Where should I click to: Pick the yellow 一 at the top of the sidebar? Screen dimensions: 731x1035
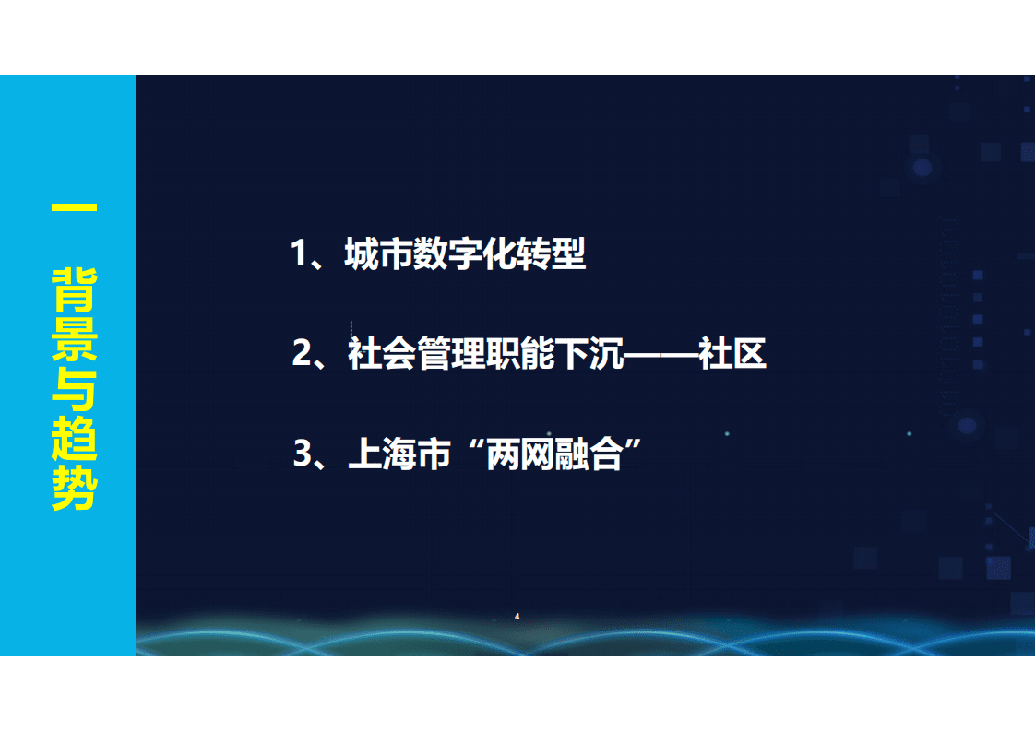click(74, 209)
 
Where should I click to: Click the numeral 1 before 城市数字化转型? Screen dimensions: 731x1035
click(299, 254)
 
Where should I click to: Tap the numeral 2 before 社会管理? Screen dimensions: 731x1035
click(302, 354)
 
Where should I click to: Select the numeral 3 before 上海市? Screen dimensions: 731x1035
click(303, 454)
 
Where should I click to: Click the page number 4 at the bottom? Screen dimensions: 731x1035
click(517, 616)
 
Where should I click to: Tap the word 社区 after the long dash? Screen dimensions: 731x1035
click(732, 354)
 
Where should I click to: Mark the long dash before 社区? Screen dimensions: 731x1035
click(661, 354)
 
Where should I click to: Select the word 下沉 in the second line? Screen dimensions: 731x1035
click(591, 354)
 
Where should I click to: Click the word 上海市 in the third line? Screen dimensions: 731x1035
click(399, 454)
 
